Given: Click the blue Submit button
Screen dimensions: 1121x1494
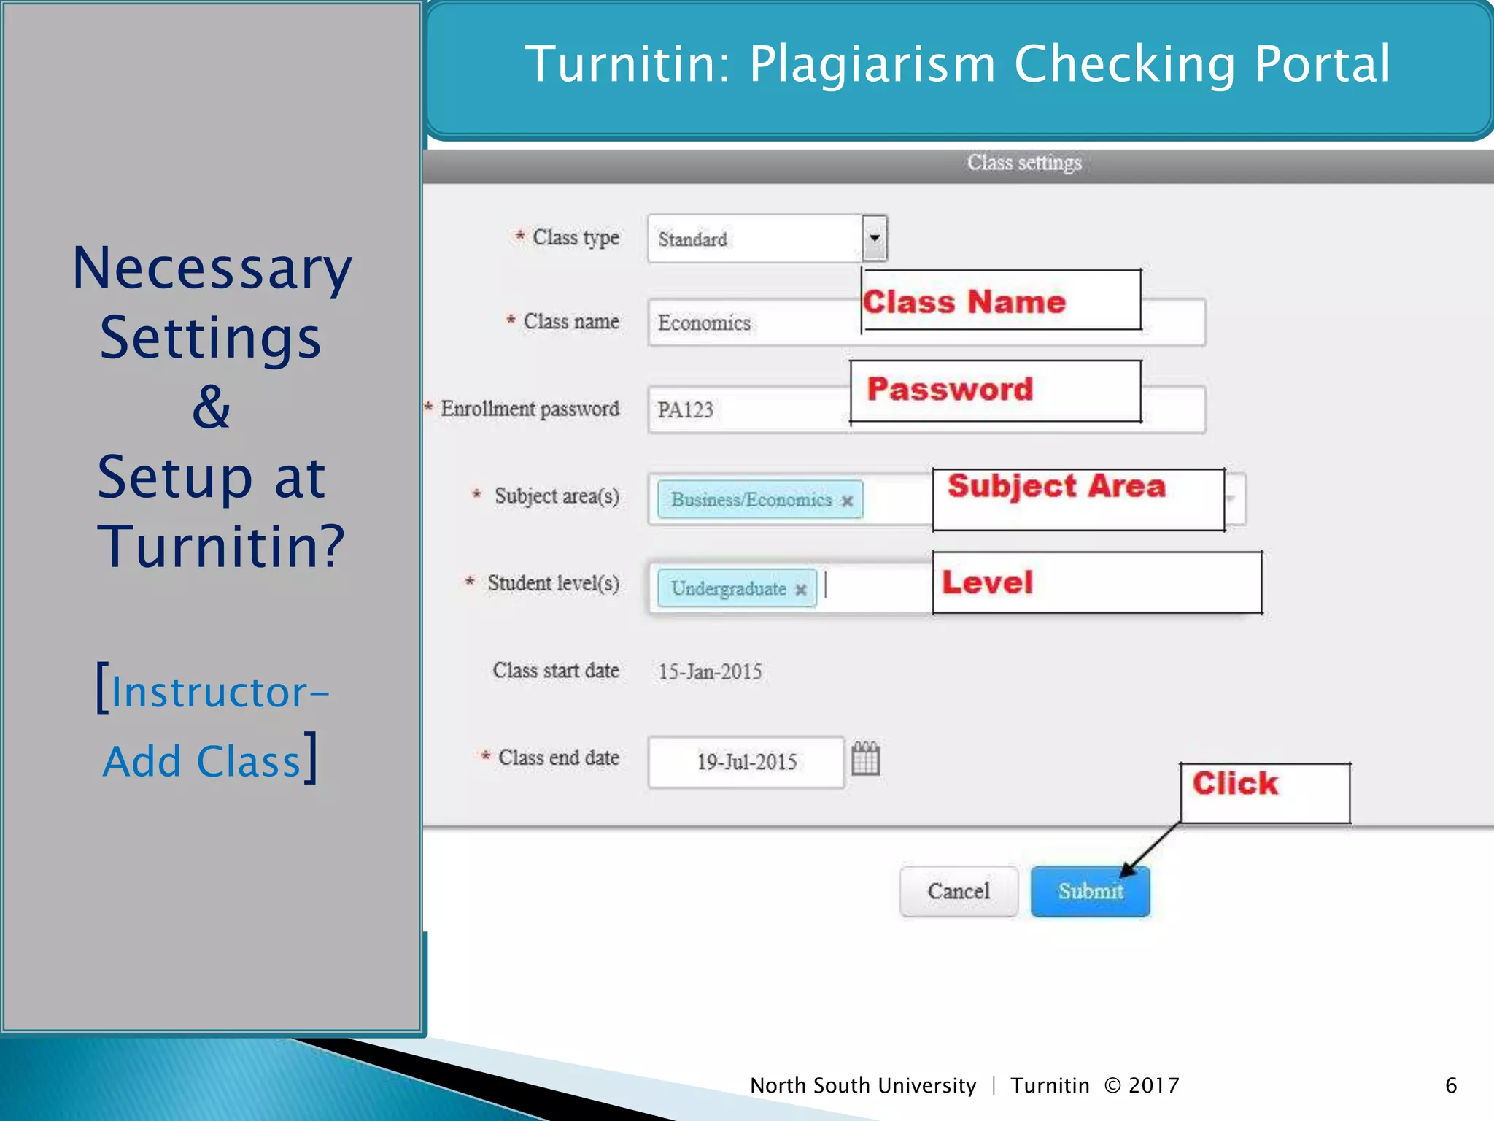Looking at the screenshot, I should [1090, 891].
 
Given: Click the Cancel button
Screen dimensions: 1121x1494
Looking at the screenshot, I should [959, 891].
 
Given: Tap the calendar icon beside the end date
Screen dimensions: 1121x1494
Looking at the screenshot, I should [866, 759].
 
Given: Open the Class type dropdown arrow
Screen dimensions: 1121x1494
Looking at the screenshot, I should [875, 238].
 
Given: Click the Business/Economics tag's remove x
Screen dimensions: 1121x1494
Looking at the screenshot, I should [847, 501].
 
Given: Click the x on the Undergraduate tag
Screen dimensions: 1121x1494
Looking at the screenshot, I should [800, 589].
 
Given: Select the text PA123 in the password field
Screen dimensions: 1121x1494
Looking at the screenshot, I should [685, 410].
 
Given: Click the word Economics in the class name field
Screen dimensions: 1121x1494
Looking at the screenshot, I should [704, 323].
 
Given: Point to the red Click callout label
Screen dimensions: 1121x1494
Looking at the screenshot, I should [1235, 784].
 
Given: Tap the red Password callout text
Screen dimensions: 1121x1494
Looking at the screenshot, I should [950, 389].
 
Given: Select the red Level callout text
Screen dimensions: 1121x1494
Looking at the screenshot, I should [987, 582].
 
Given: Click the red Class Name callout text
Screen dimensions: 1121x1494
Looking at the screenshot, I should [964, 301].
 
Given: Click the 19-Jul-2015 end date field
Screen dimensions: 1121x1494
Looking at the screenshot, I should [746, 762].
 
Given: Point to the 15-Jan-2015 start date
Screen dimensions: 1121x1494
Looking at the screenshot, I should [710, 671].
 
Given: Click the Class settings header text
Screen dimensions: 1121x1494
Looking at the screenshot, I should [1024, 163].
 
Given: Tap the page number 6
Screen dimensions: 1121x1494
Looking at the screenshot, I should [1451, 1085].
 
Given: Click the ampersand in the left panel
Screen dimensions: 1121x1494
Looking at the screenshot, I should [212, 407].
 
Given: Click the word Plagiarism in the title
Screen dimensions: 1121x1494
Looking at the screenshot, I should [872, 64].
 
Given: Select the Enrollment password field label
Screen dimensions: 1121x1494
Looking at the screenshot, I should [530, 409].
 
